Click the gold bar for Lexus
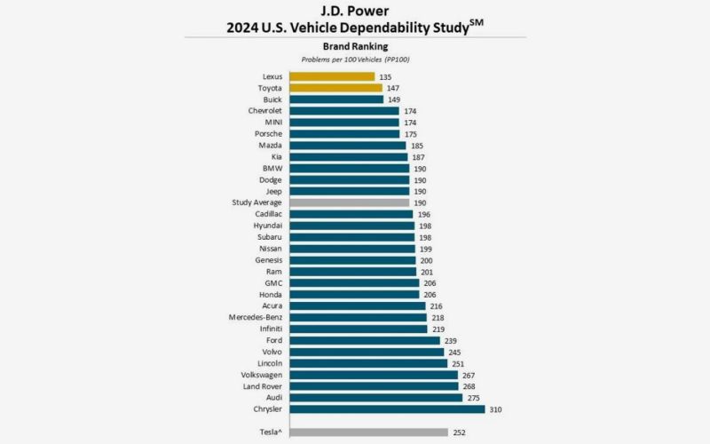click(x=332, y=76)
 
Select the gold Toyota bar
click(x=335, y=88)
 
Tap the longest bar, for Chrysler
click(x=387, y=409)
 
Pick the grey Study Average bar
click(x=350, y=202)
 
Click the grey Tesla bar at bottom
click(x=368, y=432)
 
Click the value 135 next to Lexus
click(x=386, y=77)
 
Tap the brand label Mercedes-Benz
click(x=253, y=317)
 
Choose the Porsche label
click(x=268, y=134)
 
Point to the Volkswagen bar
click(x=374, y=375)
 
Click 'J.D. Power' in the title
click(x=354, y=11)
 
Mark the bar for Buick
click(x=336, y=99)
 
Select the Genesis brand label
click(x=268, y=260)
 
